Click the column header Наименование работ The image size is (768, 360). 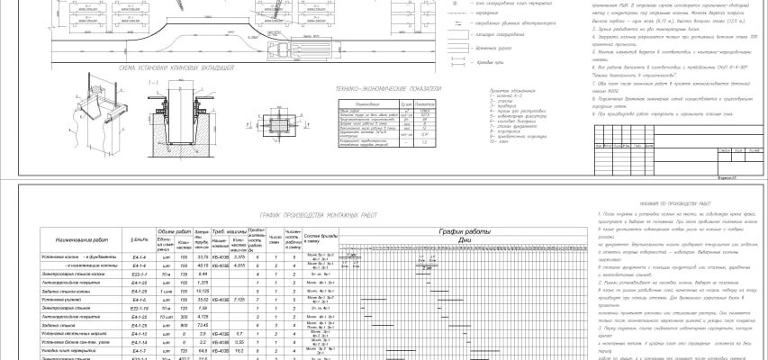pyautogui.click(x=84, y=241)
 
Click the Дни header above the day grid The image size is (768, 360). pyautogui.click(x=463, y=240)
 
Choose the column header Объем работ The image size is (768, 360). pyautogui.click(x=172, y=231)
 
